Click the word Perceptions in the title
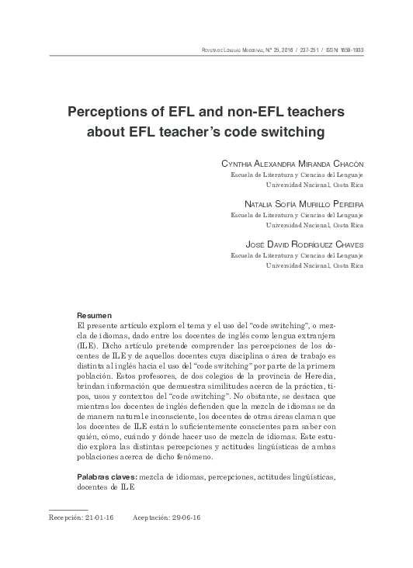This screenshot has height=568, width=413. (x=109, y=111)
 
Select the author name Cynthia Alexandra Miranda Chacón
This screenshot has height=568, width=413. (x=292, y=165)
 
